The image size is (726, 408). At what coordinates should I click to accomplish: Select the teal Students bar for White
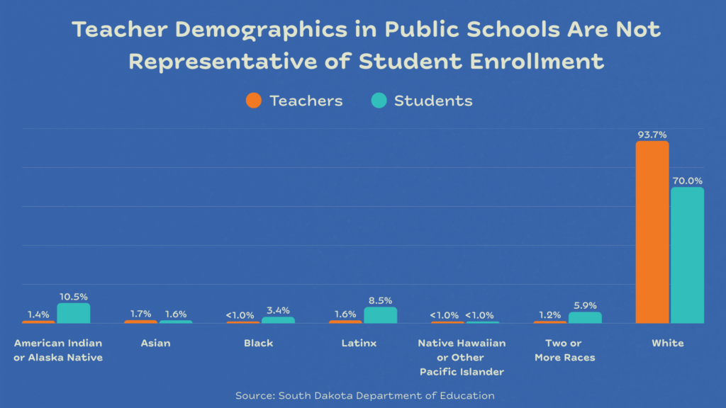pyautogui.click(x=687, y=255)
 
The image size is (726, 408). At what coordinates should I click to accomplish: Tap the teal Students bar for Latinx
pyautogui.click(x=380, y=315)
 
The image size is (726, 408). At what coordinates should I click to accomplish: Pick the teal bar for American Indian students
pyautogui.click(x=74, y=313)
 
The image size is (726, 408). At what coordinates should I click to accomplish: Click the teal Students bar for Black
pyautogui.click(x=278, y=320)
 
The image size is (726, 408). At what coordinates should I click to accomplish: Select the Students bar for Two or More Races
pyautogui.click(x=585, y=318)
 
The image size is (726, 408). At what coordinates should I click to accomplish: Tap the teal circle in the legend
pyautogui.click(x=379, y=101)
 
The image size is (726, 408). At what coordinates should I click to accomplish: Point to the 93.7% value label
pyautogui.click(x=652, y=135)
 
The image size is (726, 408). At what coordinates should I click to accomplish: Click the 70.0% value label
pyautogui.click(x=687, y=181)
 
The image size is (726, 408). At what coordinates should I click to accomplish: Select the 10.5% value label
pyautogui.click(x=74, y=297)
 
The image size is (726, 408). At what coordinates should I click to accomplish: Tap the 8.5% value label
pyautogui.click(x=380, y=300)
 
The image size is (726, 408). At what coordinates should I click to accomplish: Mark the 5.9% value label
pyautogui.click(x=585, y=306)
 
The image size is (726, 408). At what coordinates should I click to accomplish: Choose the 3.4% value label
pyautogui.click(x=278, y=310)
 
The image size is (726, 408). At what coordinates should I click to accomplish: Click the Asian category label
pyautogui.click(x=155, y=344)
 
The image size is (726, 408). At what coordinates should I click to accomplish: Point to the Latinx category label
pyautogui.click(x=359, y=344)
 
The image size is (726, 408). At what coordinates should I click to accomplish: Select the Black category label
pyautogui.click(x=258, y=344)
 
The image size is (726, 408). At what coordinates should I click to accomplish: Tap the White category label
pyautogui.click(x=668, y=344)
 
